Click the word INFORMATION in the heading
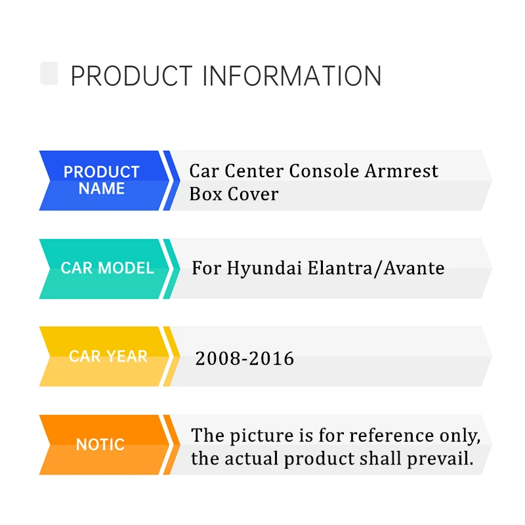pos(291,76)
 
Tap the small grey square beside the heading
pos(49,73)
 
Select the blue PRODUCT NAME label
pos(102,180)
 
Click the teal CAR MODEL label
pos(107,268)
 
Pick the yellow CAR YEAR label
pos(108,356)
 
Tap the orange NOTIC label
pos(100,444)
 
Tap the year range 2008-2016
pos(244,358)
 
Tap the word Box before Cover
pos(204,194)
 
